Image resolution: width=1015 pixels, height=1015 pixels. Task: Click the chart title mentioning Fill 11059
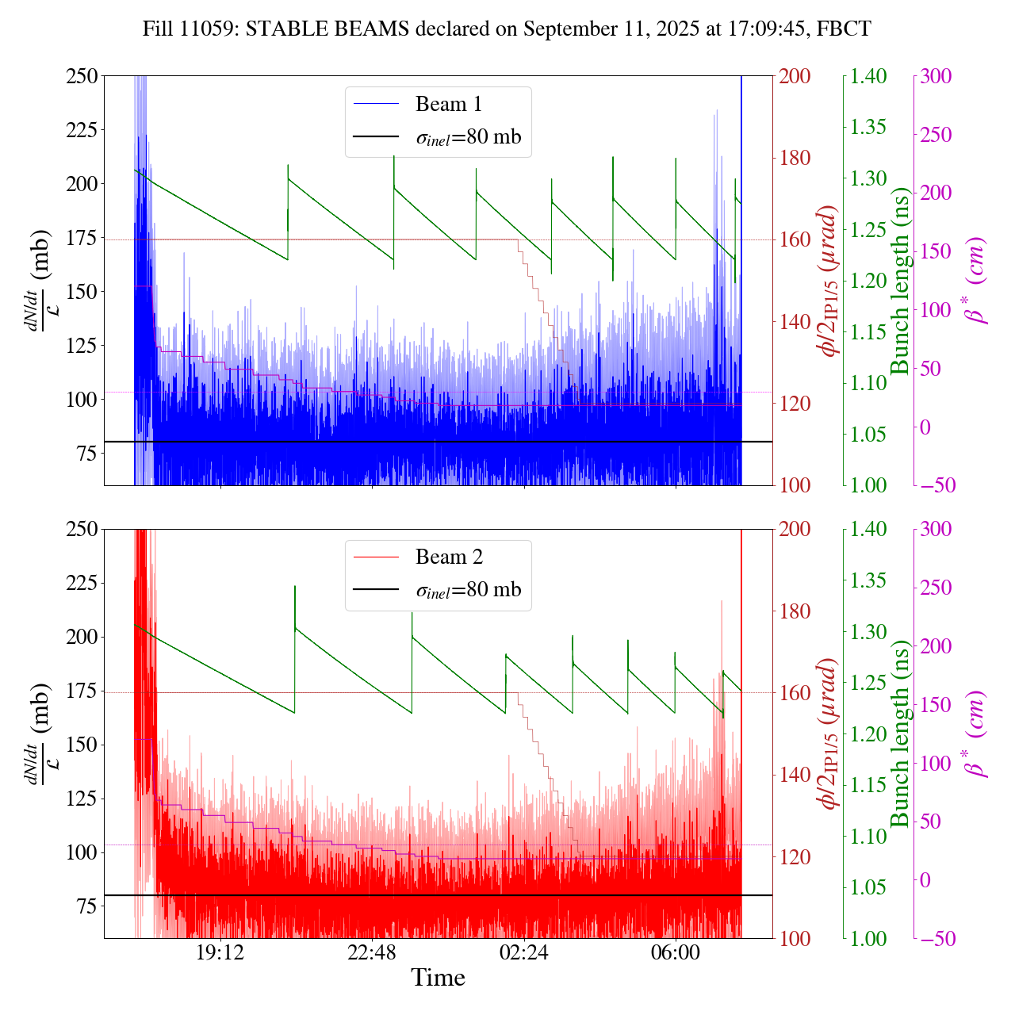coord(507,29)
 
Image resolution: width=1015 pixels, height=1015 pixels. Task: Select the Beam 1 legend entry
coord(448,104)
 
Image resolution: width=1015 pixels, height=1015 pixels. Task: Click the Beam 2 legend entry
coord(448,557)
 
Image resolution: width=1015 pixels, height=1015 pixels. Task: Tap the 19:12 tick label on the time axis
coord(220,952)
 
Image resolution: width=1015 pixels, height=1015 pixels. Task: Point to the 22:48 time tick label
coord(372,952)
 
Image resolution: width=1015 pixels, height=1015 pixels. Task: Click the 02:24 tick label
coord(523,952)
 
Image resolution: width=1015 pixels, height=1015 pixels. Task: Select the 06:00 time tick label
coord(676,952)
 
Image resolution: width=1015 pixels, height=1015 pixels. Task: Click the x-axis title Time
coord(438,978)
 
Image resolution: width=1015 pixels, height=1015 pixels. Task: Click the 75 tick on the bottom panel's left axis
coord(85,906)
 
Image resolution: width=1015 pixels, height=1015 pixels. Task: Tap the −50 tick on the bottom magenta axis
coord(935,939)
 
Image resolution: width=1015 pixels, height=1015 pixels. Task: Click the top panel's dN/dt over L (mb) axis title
coord(40,281)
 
